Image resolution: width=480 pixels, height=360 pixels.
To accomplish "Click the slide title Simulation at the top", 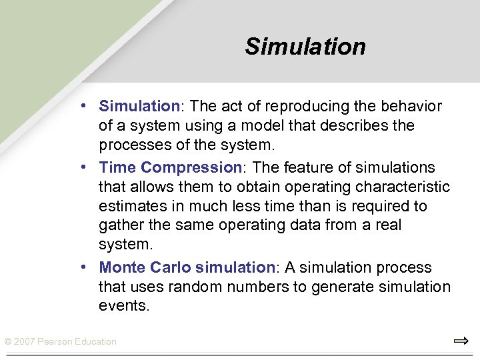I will click(x=305, y=47).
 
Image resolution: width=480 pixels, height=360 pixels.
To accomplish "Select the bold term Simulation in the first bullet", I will click(x=139, y=106).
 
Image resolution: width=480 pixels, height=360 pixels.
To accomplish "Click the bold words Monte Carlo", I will click(x=145, y=267).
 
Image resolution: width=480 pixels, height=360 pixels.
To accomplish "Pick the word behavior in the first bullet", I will click(x=411, y=106).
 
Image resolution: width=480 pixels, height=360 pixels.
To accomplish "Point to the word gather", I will click(x=119, y=226).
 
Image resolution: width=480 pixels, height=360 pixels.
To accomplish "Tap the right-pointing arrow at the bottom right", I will click(x=461, y=341).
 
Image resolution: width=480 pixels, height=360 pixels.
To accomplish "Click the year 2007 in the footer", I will click(x=25, y=342).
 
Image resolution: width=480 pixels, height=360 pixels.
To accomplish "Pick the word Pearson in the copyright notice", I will click(x=56, y=342).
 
